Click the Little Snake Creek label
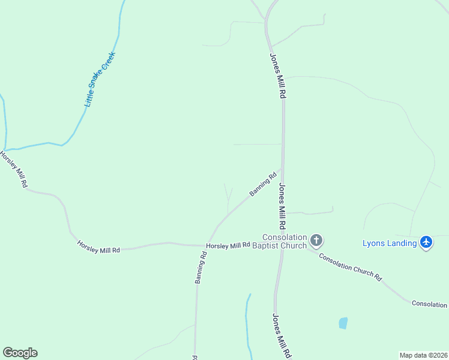100,80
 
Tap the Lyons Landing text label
390,243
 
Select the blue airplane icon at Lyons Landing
426,242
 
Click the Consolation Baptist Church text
285,241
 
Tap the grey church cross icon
316,241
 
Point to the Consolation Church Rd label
351,267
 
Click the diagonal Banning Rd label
263,184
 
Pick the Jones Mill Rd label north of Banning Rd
277,76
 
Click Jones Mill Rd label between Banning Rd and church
281,206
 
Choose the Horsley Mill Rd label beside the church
228,245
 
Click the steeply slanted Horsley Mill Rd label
14,169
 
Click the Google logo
20,353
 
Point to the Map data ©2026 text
423,355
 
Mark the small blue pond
343,323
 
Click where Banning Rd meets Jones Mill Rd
282,169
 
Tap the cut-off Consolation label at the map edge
430,304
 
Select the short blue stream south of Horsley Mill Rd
247,324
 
